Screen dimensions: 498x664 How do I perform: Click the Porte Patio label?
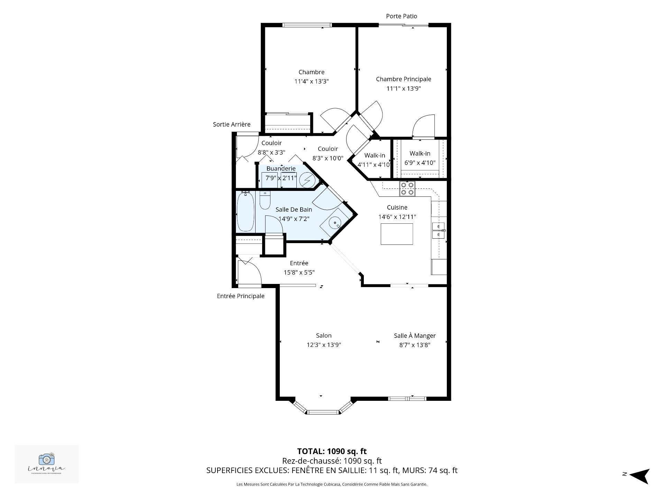(401, 16)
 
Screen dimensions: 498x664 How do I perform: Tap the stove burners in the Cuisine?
(407, 189)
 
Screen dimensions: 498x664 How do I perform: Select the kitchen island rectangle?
(397, 234)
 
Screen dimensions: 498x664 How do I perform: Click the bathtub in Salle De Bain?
(246, 212)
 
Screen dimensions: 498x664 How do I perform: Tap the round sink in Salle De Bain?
(334, 223)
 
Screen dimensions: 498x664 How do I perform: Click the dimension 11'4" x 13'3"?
(311, 82)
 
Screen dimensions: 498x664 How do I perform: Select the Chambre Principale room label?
(403, 79)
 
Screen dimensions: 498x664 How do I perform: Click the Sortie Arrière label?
(231, 124)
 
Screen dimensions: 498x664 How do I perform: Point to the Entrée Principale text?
(240, 296)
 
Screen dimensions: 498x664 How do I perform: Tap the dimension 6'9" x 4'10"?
(420, 163)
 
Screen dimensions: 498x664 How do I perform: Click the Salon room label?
(324, 335)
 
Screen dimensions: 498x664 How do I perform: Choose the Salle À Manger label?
(414, 335)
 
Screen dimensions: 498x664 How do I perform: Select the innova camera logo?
(47, 459)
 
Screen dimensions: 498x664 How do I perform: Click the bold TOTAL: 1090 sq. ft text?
(332, 451)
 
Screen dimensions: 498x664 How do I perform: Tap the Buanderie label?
(281, 169)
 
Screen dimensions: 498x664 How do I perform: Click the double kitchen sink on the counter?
(439, 230)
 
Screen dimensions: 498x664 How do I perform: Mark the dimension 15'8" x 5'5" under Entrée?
(299, 273)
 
